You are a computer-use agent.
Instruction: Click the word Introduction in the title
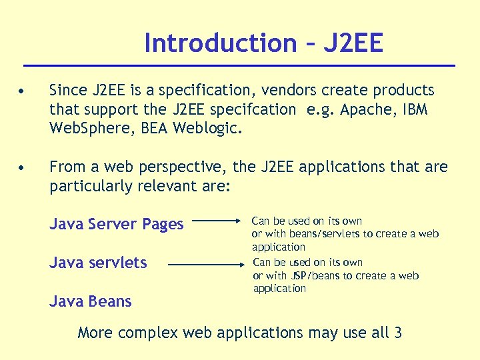[x=220, y=43]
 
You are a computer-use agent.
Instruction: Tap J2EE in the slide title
[x=353, y=43]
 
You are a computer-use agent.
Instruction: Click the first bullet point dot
[x=23, y=91]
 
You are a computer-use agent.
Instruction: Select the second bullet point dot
[x=23, y=167]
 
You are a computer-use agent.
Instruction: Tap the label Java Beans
[x=91, y=301]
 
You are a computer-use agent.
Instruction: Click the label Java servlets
[x=98, y=263]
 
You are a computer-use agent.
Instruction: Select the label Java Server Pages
[x=117, y=224]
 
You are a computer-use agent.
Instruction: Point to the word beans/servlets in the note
[x=323, y=233]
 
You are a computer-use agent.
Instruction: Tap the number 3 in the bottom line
[x=397, y=332]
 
